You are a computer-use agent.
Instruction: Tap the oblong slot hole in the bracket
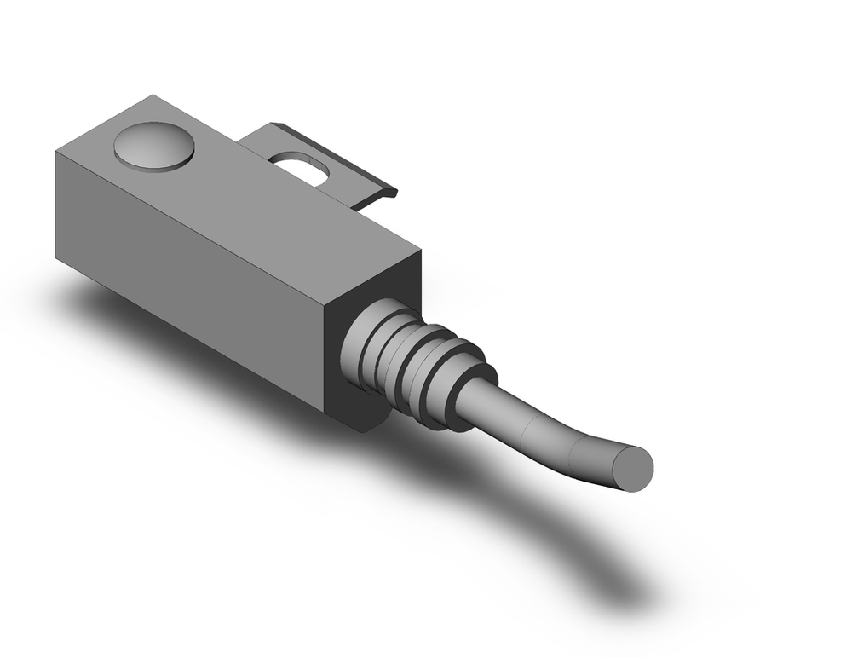click(x=300, y=167)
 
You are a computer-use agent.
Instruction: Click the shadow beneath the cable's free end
click(x=613, y=580)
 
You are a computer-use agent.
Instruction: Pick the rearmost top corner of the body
click(x=153, y=95)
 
